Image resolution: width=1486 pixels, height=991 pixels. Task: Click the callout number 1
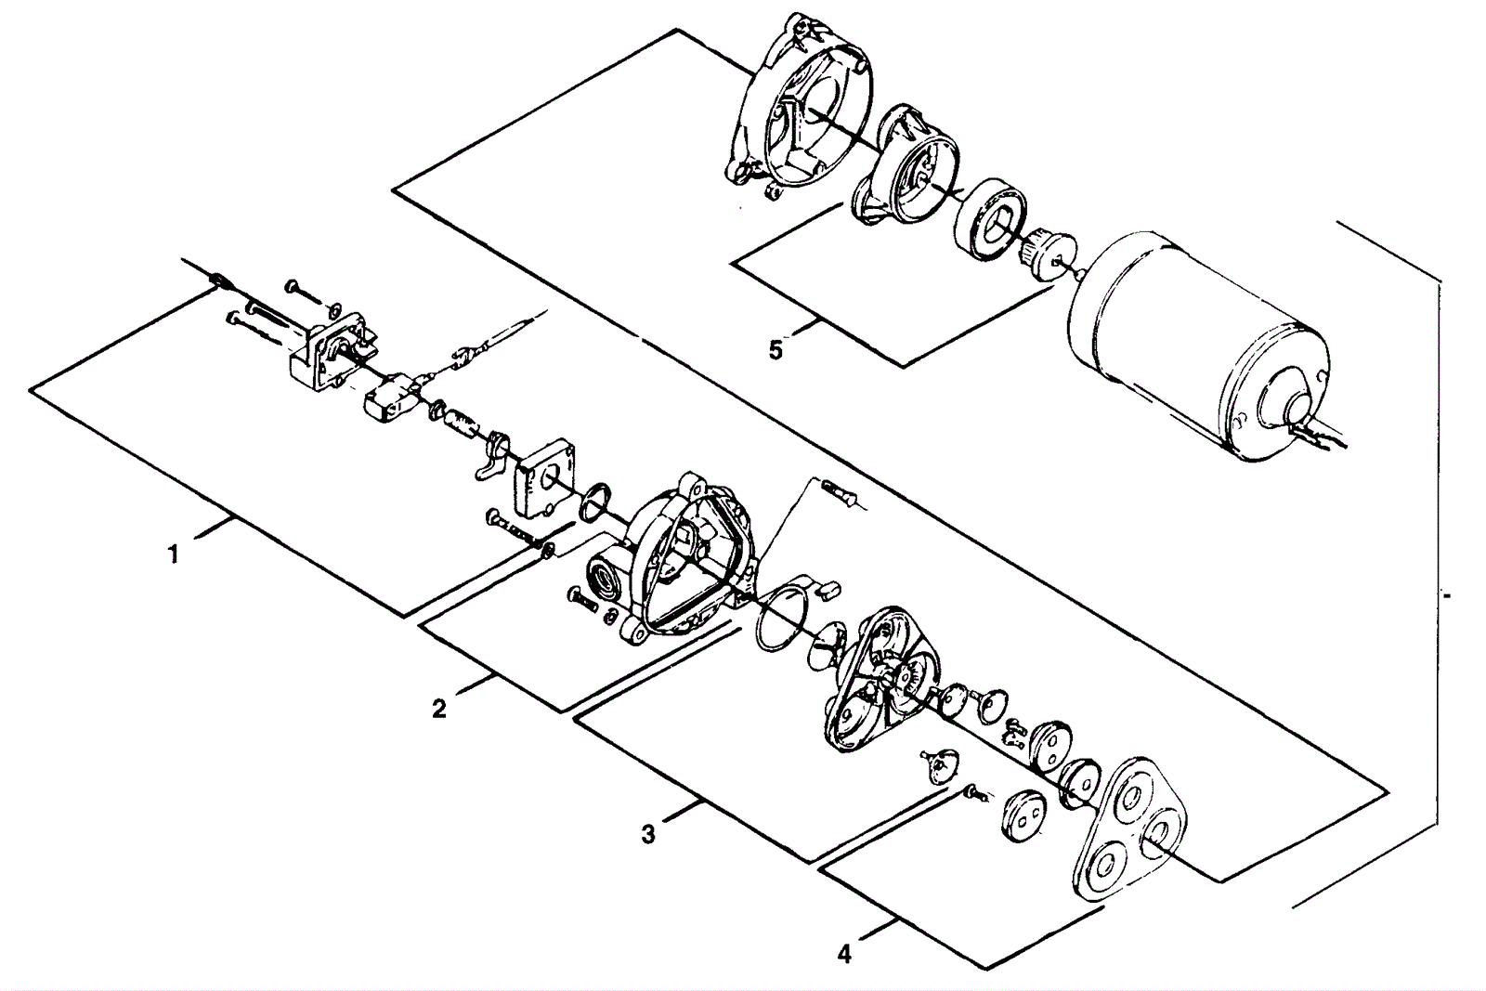173,554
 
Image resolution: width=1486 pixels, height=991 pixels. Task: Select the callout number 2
439,709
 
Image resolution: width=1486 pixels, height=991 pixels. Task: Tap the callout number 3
648,834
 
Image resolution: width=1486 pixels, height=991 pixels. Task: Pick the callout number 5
776,349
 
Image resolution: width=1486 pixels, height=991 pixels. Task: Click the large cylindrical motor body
1194,345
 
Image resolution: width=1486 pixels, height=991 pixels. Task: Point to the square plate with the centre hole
545,476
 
